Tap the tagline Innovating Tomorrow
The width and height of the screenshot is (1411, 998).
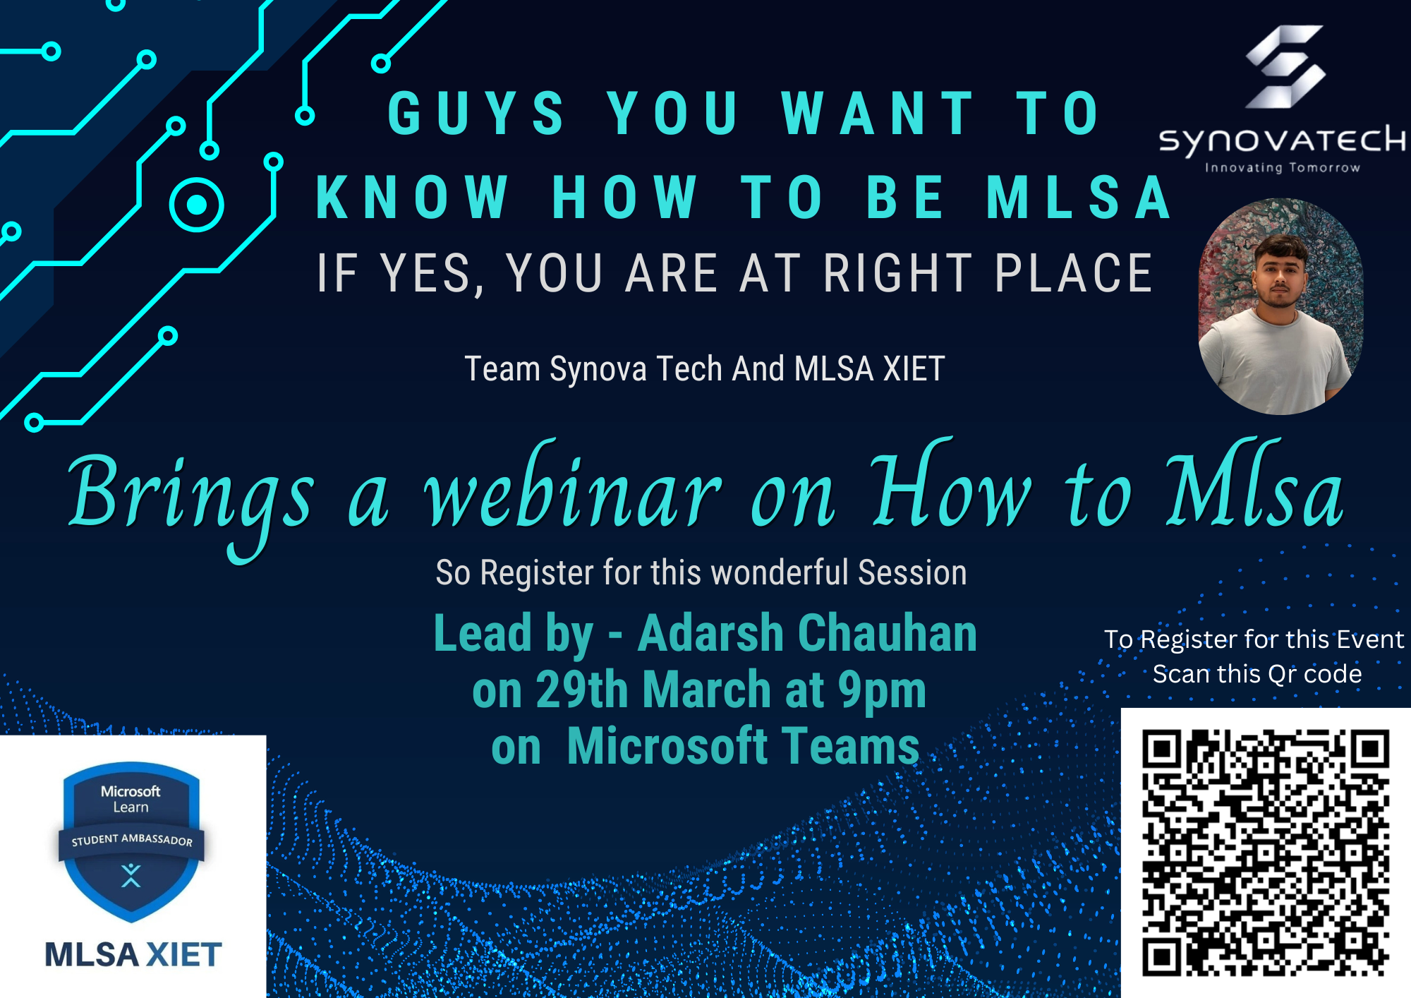point(1282,168)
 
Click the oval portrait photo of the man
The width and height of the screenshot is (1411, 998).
point(1280,306)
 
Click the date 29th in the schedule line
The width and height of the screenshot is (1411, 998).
point(582,690)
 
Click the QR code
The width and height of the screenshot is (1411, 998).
point(1266,853)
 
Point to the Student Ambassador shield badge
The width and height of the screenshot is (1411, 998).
point(131,840)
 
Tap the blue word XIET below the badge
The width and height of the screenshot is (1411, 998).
point(183,955)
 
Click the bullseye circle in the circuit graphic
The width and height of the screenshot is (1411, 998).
point(197,205)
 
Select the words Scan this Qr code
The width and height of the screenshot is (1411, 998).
point(1256,674)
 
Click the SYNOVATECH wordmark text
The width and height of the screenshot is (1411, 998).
point(1282,140)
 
